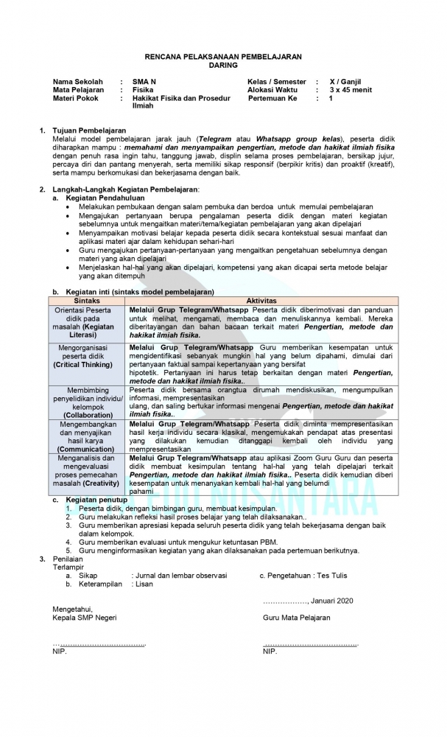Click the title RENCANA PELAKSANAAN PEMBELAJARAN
223,57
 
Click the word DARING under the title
223,65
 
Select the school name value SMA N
144,81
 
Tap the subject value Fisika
143,90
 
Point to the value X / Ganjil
345,81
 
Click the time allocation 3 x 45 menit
351,90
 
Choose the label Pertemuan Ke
272,98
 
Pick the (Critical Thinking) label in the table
87,365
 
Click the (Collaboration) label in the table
87,415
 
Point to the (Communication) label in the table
87,448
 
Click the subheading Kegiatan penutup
96,500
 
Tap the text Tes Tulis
331,576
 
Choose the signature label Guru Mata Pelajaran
296,618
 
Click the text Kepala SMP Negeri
84,618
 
